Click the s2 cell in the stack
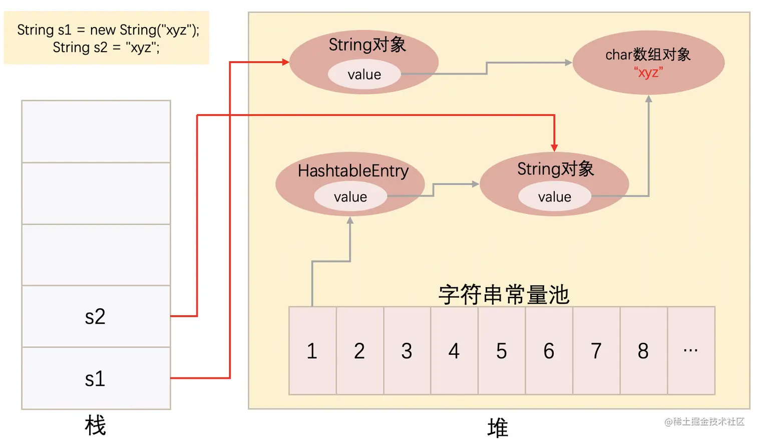pyautogui.click(x=96, y=317)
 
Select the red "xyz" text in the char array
pyautogui.click(x=648, y=72)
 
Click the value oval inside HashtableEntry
pyautogui.click(x=350, y=197)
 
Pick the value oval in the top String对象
pyautogui.click(x=364, y=75)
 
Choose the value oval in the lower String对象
pyautogui.click(x=554, y=197)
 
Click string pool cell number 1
pyautogui.click(x=312, y=351)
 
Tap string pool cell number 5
pyautogui.click(x=502, y=351)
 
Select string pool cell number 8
pyautogui.click(x=643, y=351)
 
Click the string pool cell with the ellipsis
pyautogui.click(x=691, y=351)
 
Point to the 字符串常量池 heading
pyautogui.click(x=504, y=295)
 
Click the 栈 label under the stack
pyautogui.click(x=95, y=425)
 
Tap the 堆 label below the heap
pyautogui.click(x=498, y=428)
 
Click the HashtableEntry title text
pyautogui.click(x=353, y=171)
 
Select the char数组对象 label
pyautogui.click(x=648, y=54)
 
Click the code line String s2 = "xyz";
pyautogui.click(x=106, y=48)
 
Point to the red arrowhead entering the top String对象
pyautogui.click(x=285, y=62)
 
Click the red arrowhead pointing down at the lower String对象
pyautogui.click(x=554, y=148)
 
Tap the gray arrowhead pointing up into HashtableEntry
pyautogui.click(x=350, y=221)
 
